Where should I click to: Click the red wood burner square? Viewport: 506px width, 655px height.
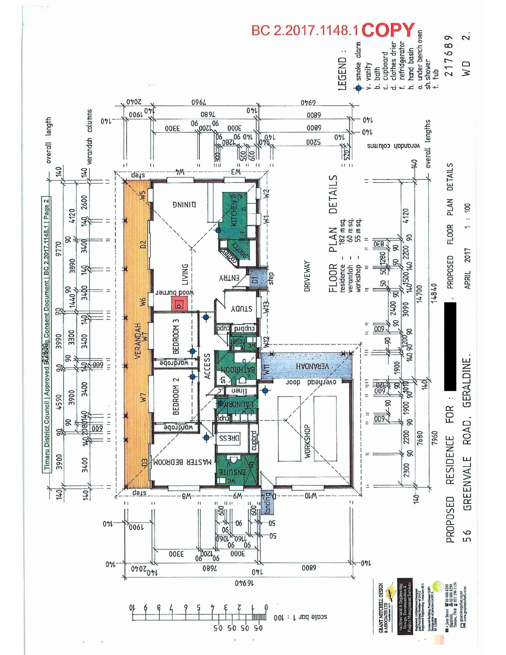pyautogui.click(x=179, y=304)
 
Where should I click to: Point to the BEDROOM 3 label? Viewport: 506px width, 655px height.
pyautogui.click(x=176, y=336)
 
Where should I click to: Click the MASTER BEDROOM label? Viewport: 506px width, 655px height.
pyautogui.click(x=183, y=462)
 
